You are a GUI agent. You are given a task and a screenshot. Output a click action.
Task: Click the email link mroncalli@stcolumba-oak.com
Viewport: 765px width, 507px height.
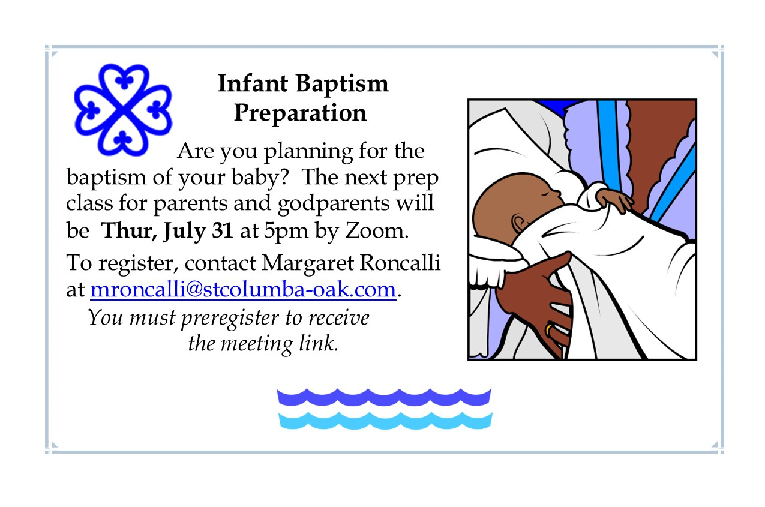243,290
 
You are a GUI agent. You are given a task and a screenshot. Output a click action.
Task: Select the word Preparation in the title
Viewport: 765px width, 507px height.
300,113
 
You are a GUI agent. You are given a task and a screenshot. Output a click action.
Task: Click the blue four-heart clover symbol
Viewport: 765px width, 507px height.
123,110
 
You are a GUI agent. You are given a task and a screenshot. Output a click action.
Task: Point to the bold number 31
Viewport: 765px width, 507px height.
223,230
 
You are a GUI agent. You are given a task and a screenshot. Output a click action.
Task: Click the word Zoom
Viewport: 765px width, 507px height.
377,231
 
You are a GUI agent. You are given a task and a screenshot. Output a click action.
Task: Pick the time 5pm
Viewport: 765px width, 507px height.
286,232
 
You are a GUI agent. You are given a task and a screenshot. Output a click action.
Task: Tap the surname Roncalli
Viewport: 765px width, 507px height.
400,263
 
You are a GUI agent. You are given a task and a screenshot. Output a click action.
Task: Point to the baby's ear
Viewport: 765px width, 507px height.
520,223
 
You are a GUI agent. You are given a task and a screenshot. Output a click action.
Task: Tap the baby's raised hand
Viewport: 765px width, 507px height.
614,200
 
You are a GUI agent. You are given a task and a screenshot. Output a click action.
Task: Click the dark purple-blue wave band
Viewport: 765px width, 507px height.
384,397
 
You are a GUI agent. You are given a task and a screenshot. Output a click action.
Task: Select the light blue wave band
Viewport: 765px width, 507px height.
385,420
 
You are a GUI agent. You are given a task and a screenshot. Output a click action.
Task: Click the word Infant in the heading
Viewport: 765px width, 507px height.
253,83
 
